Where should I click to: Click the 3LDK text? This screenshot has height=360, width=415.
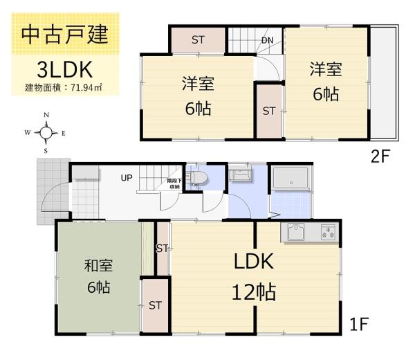[64, 69]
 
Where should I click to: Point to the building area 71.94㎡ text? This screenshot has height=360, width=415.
[64, 87]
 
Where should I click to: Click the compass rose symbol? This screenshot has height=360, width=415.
[46, 133]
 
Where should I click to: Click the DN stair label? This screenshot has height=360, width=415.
[267, 40]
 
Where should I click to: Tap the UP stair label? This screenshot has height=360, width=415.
[127, 178]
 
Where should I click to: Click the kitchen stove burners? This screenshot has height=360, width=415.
[327, 233]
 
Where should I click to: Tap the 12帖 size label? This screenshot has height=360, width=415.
[254, 292]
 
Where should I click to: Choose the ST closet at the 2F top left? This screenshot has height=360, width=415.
[198, 39]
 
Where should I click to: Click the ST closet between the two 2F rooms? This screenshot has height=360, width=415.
[269, 111]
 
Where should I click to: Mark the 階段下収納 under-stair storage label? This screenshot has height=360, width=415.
[174, 184]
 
